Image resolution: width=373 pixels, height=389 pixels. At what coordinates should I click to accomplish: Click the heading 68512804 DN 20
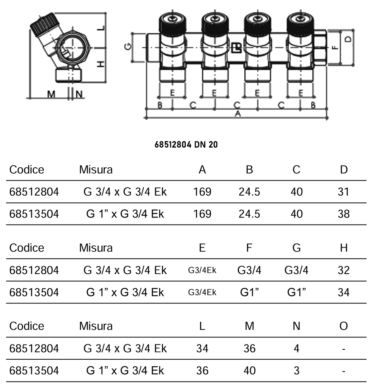(186, 145)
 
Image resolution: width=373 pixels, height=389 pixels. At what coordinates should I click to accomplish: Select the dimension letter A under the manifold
(236, 114)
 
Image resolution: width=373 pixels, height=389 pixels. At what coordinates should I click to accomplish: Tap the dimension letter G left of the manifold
(130, 47)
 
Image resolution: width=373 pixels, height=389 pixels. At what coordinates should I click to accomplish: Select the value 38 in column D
(343, 214)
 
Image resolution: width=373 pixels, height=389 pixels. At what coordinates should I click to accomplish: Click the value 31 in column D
(343, 192)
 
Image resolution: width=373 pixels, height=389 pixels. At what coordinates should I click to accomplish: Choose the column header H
(344, 248)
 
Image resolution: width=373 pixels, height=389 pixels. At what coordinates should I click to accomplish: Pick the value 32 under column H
(343, 270)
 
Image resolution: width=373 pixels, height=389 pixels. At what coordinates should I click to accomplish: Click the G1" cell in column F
(249, 292)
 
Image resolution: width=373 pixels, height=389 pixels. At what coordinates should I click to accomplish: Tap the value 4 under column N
(296, 349)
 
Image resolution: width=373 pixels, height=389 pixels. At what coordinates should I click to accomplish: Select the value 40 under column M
(249, 370)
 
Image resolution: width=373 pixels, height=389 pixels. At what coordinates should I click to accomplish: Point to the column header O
(344, 326)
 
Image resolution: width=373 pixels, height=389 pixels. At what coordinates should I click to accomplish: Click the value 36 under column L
(202, 370)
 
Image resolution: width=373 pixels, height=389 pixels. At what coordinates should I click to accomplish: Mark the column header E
(202, 248)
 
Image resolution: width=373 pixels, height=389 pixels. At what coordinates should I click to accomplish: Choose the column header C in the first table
(296, 169)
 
